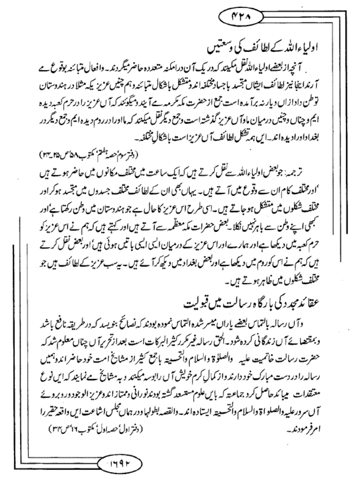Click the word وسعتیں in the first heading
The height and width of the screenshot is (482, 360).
coord(217,50)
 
